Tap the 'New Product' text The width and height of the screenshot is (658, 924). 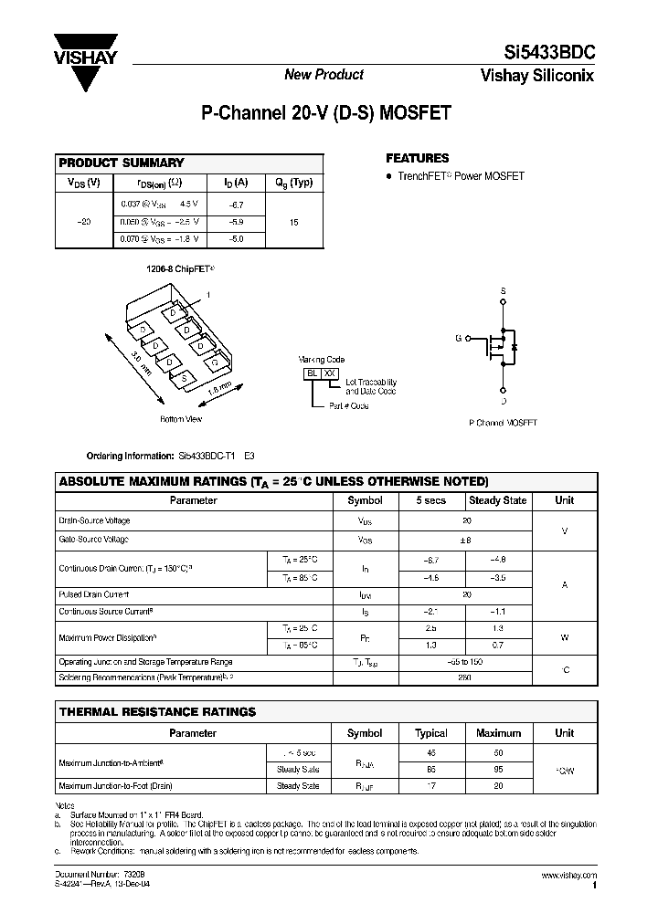coord(324,75)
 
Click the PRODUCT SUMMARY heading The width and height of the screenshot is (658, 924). coord(122,163)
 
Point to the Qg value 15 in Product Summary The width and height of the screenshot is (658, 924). coord(293,222)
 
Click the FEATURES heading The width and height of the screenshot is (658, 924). coord(418,158)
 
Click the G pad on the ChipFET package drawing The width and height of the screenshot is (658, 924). coord(213,362)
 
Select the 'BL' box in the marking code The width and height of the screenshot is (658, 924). coord(311,373)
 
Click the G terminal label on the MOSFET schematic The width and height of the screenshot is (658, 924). coord(458,338)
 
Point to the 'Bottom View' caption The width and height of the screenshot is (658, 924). coord(181,419)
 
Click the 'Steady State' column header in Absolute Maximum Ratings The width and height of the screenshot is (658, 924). coord(497,500)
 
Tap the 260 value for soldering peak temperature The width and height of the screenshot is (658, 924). coord(466,678)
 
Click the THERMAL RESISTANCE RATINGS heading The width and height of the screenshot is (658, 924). coord(157,711)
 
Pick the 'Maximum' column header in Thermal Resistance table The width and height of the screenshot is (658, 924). coord(497,733)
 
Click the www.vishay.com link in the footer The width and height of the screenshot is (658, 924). coord(569,875)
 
